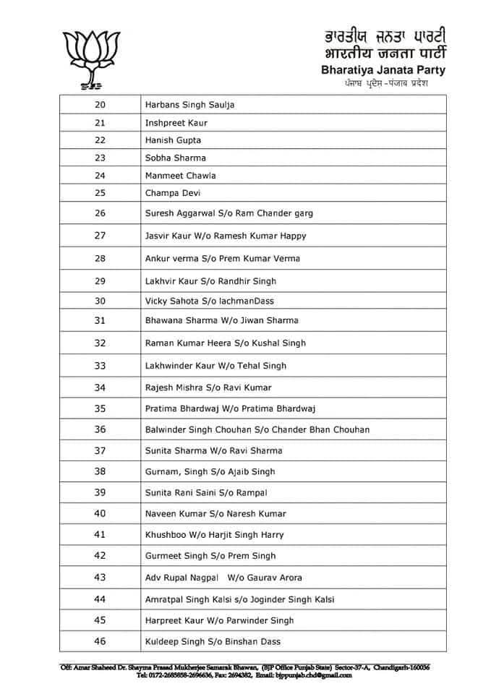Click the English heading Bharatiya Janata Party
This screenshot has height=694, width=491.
point(383,70)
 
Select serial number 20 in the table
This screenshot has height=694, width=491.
point(100,105)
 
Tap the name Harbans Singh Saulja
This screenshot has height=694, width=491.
point(189,105)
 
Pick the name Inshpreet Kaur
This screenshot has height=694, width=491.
point(176,123)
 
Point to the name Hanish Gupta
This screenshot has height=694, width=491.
point(173,140)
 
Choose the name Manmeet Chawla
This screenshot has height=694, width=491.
point(180,176)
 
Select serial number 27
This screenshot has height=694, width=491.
point(100,236)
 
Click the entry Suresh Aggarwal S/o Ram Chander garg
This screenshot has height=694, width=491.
point(229,213)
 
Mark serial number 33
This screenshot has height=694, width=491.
point(100,366)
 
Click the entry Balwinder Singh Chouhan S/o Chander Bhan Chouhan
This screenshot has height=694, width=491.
point(257,429)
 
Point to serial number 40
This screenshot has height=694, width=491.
point(100,513)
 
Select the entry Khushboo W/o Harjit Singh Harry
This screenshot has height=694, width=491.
point(214,535)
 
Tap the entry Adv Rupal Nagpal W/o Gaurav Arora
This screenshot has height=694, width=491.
point(223,578)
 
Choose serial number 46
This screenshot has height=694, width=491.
point(100,641)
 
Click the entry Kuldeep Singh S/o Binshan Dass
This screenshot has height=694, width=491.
point(213,641)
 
